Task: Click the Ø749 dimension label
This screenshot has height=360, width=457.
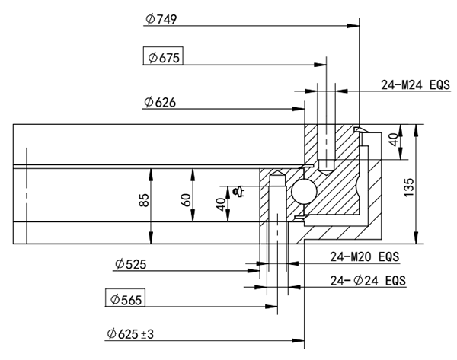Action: point(161,20)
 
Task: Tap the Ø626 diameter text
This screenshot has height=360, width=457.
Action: point(161,101)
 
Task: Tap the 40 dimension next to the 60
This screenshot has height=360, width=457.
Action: point(221,204)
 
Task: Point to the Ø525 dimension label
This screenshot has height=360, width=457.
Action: point(131,264)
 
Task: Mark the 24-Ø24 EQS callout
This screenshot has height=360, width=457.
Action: point(368,280)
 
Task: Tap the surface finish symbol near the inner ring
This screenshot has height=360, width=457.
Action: point(238,190)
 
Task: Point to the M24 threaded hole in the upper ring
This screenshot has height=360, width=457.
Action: point(326,152)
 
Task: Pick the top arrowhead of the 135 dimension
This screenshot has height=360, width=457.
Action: point(414,128)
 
